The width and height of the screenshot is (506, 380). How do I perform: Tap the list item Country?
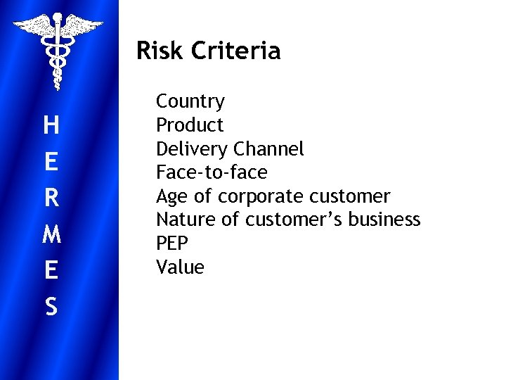[190, 101]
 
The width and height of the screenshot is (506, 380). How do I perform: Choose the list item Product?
[190, 125]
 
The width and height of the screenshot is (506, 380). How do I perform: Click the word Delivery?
[192, 149]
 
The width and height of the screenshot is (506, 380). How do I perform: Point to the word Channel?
[268, 149]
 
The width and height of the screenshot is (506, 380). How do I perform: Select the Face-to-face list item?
[212, 172]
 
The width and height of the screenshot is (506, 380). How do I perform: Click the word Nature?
[186, 220]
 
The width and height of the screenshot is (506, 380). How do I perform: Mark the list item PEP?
[172, 243]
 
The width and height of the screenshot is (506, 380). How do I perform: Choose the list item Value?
[180, 267]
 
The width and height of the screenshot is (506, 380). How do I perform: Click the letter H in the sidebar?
[51, 126]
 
